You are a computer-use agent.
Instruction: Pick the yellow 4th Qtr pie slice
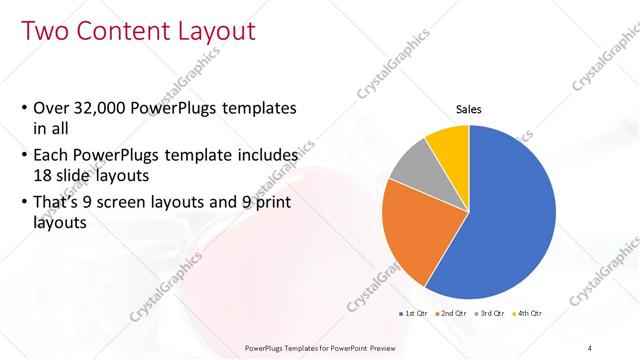pos(449,146)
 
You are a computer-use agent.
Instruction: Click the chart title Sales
pos(469,109)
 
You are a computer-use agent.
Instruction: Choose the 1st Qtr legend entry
pos(415,313)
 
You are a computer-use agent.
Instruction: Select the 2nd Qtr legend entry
pos(453,313)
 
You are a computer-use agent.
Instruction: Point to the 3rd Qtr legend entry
pos(490,313)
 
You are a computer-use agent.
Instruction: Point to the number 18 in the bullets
pos(45,174)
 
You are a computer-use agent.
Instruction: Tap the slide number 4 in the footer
pos(589,347)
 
